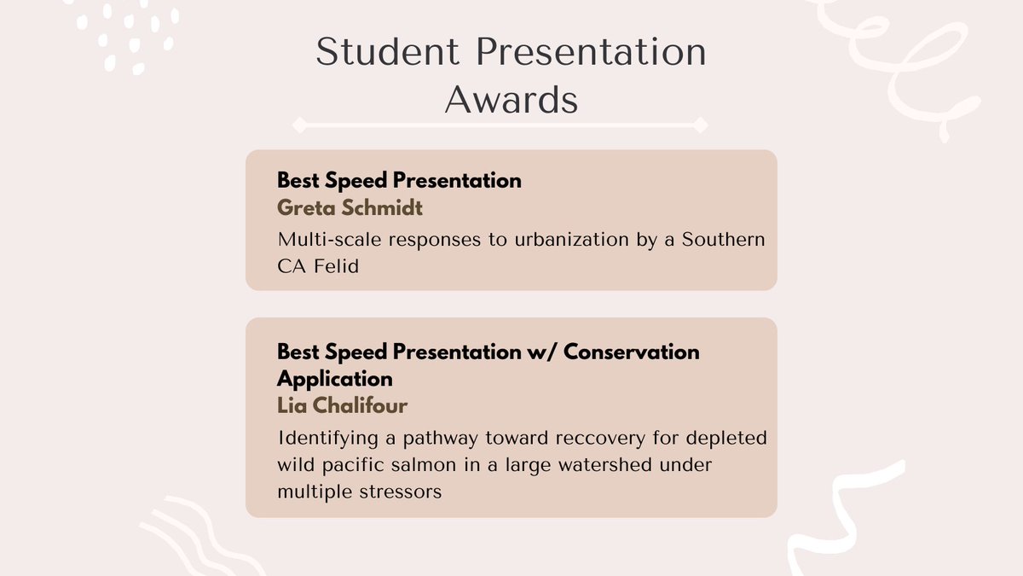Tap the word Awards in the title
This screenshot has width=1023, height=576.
click(x=511, y=100)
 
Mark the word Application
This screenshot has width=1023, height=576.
click(x=335, y=378)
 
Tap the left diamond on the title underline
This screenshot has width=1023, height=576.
click(x=299, y=125)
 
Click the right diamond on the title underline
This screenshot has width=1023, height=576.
click(x=700, y=125)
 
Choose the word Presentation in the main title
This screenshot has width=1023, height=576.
click(x=592, y=52)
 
